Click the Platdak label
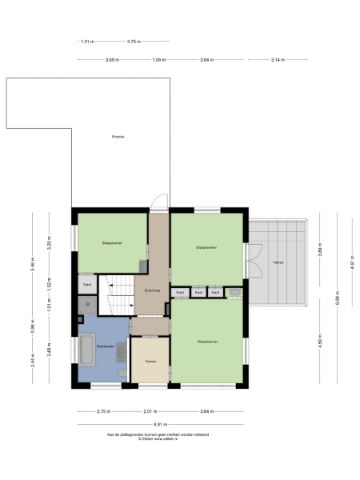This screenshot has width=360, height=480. coord(118,137)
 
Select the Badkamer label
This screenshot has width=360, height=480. coord(106,347)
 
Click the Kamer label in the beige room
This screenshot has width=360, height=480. coord(150,362)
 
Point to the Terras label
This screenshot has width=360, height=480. coord(278,262)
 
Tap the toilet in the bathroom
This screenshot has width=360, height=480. coord(120,373)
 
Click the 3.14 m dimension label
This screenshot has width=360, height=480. coord(277,60)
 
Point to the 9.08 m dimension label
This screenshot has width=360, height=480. coord(338,298)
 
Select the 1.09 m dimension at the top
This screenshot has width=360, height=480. coord(159,60)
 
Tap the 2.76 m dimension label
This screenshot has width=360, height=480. coord(103,412)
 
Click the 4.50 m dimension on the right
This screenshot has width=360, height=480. coord(321,342)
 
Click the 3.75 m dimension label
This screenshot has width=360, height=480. coord(134,41)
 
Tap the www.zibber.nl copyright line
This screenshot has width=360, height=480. coord(158,438)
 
